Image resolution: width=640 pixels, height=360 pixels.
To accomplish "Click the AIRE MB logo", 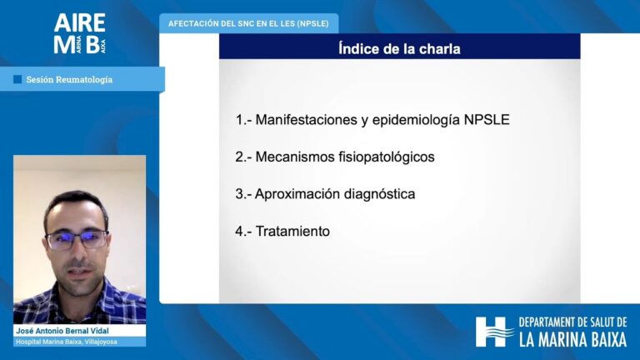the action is click(80, 33).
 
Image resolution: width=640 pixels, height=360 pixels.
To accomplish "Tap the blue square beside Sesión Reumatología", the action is click(17, 79).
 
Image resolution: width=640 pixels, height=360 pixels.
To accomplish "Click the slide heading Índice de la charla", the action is click(399, 49).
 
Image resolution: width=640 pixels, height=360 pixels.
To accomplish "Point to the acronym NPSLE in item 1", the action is click(487, 120).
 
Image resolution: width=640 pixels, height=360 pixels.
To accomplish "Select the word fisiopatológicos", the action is click(387, 157).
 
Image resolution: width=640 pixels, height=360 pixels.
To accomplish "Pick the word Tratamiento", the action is click(292, 231).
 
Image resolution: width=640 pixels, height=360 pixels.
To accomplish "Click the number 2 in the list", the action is click(239, 157).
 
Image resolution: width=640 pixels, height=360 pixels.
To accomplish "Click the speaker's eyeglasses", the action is click(77, 240).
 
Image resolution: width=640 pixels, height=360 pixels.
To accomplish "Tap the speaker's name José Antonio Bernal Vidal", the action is click(62, 331).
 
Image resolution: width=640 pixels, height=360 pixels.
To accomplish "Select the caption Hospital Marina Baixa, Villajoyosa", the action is click(67, 342).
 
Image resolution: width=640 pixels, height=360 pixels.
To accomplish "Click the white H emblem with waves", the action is click(494, 332).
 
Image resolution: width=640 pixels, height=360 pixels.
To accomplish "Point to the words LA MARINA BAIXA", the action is click(573, 340).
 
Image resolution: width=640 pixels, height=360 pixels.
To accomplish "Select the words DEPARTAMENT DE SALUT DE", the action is click(572, 322).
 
